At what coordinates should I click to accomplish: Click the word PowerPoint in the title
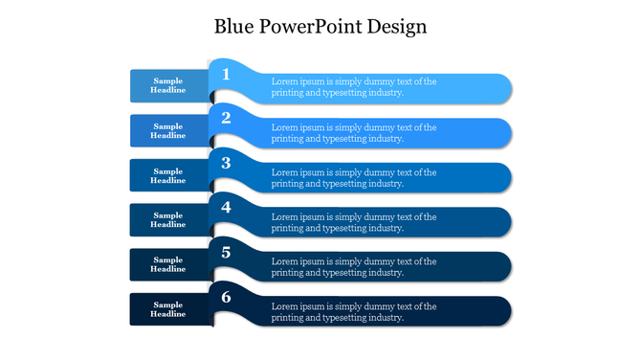pyautogui.click(x=315, y=26)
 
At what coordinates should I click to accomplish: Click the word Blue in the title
pyautogui.click(x=234, y=26)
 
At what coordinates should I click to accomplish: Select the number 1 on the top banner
pyautogui.click(x=226, y=74)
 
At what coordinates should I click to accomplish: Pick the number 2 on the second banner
pyautogui.click(x=226, y=118)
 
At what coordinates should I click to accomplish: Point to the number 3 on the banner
pyautogui.click(x=226, y=163)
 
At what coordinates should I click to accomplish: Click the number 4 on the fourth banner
pyautogui.click(x=226, y=207)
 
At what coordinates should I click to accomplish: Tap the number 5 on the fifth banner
pyautogui.click(x=226, y=252)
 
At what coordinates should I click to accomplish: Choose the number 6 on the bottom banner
pyautogui.click(x=226, y=297)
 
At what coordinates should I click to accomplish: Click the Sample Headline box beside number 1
pyautogui.click(x=168, y=86)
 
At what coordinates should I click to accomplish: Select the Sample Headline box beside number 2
pyautogui.click(x=168, y=131)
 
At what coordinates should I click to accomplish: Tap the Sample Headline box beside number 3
pyautogui.click(x=168, y=175)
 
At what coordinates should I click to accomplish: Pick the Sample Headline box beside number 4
pyautogui.click(x=168, y=220)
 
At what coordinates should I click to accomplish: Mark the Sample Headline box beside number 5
pyautogui.click(x=168, y=264)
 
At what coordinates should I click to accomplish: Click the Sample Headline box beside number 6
pyautogui.click(x=168, y=309)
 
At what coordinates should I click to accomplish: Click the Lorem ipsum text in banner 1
pyautogui.click(x=353, y=87)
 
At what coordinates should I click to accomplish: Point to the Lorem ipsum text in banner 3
pyautogui.click(x=353, y=178)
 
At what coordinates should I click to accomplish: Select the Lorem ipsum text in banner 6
pyautogui.click(x=353, y=312)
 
